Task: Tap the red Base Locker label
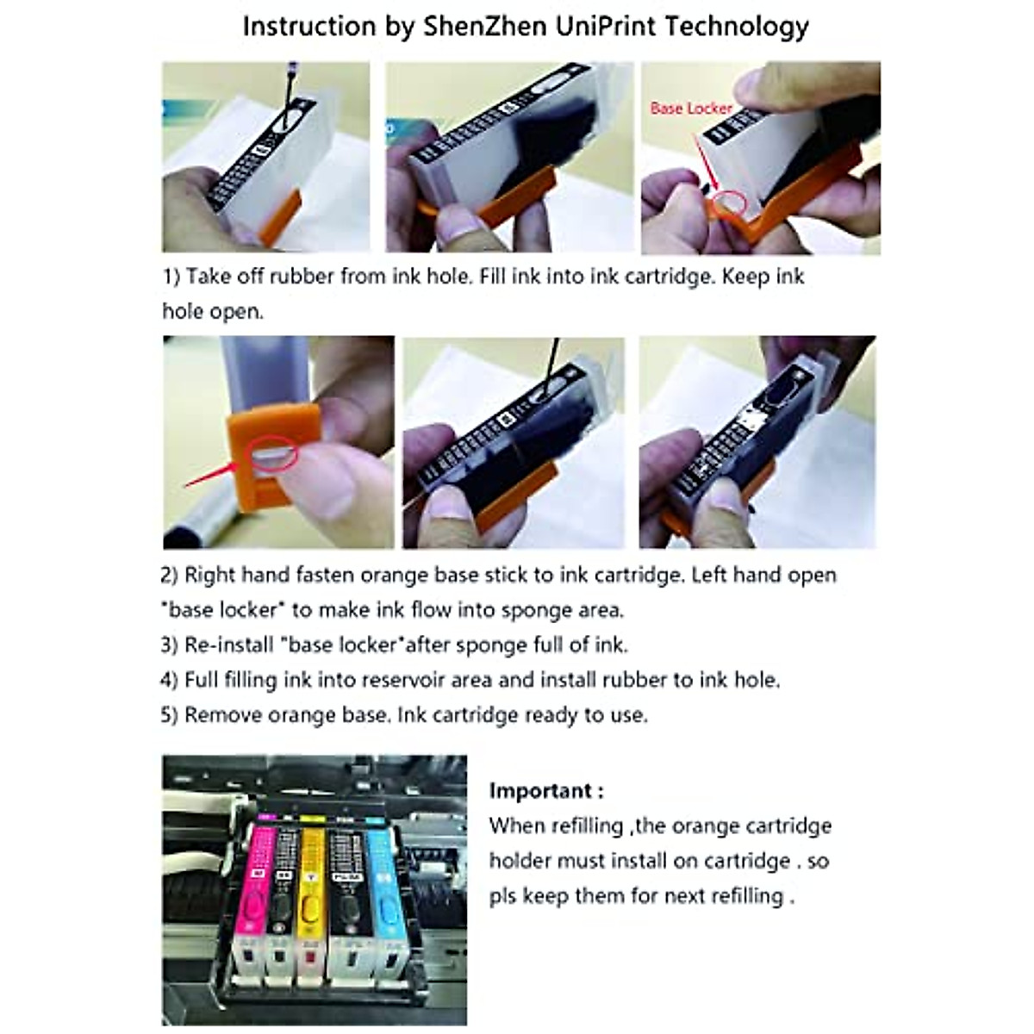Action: click(x=691, y=109)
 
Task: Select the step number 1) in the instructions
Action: click(x=171, y=277)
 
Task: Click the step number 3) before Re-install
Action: click(x=170, y=645)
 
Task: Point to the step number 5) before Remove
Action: click(x=170, y=715)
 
